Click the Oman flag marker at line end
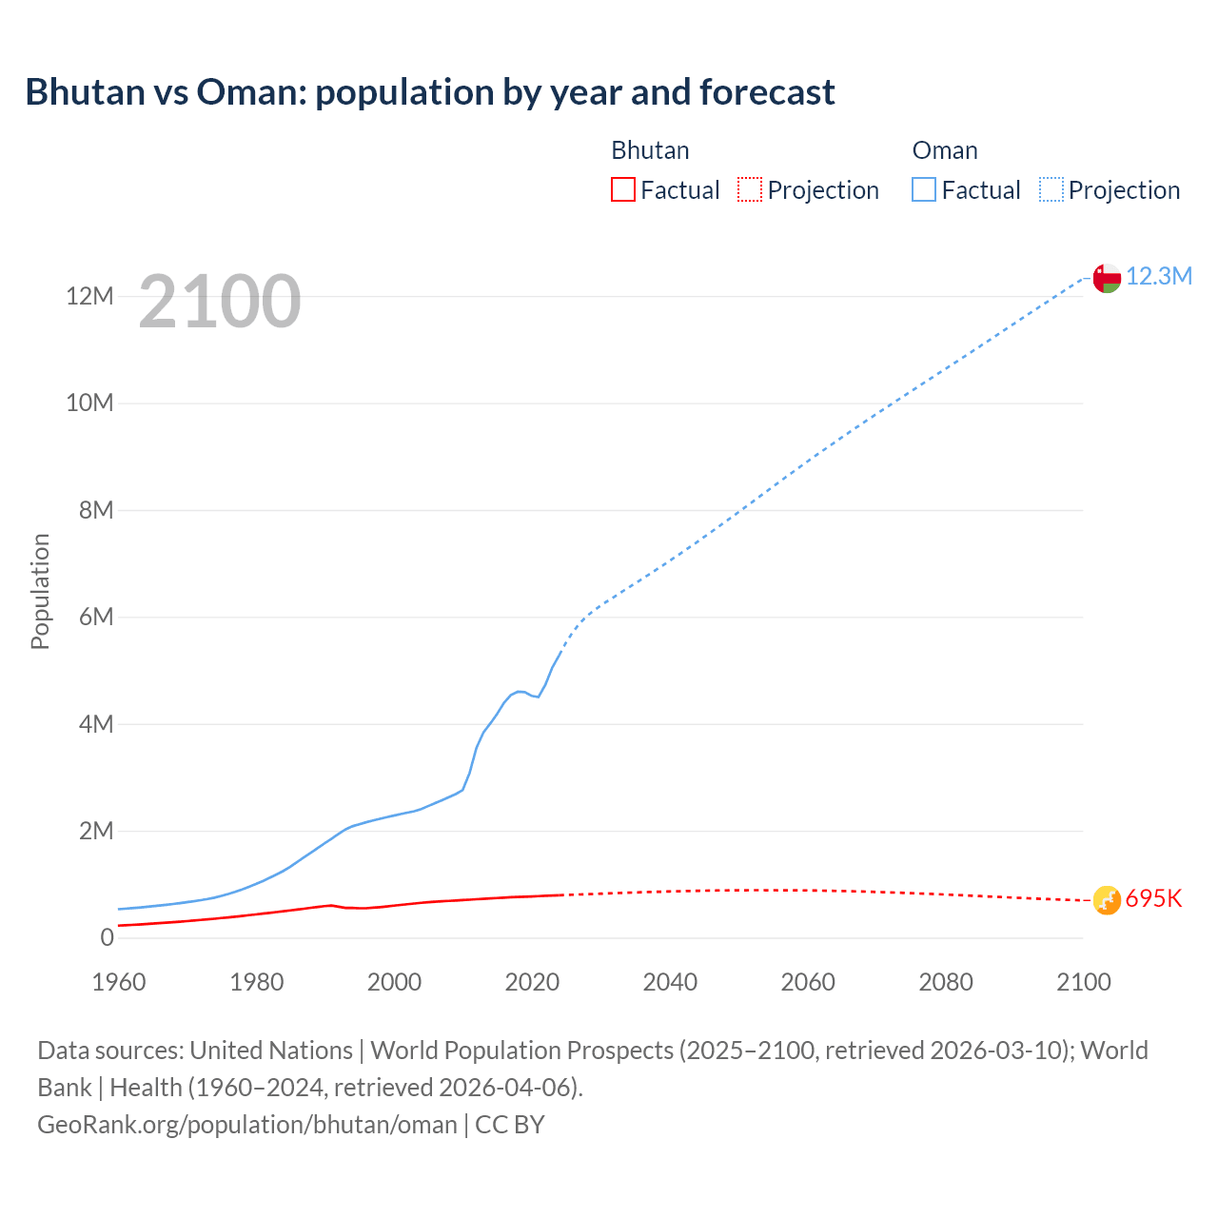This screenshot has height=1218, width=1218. pos(1107,278)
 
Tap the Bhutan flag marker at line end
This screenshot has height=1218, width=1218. pos(1107,899)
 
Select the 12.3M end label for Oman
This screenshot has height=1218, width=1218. pos(1159,276)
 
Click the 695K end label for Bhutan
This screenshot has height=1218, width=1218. pos(1153,899)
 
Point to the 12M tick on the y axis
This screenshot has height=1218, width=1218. pos(89,296)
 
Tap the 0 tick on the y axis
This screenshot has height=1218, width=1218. pos(107,937)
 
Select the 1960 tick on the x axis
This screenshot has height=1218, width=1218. pos(119,982)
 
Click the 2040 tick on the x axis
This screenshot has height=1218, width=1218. pos(670,982)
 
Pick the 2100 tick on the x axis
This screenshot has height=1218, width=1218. pos(1083,982)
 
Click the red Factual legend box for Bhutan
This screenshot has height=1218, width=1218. pos(622,189)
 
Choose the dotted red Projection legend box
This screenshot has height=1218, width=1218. pos(750,189)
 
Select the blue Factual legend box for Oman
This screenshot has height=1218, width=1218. pos(923,189)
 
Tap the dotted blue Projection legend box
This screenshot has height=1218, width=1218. pos(1051,189)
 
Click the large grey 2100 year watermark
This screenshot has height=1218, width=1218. pos(220,302)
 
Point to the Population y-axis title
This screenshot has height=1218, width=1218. pos(40,591)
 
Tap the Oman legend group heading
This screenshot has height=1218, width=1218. pos(944,150)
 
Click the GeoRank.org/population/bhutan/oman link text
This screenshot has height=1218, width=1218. pos(247,1124)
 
